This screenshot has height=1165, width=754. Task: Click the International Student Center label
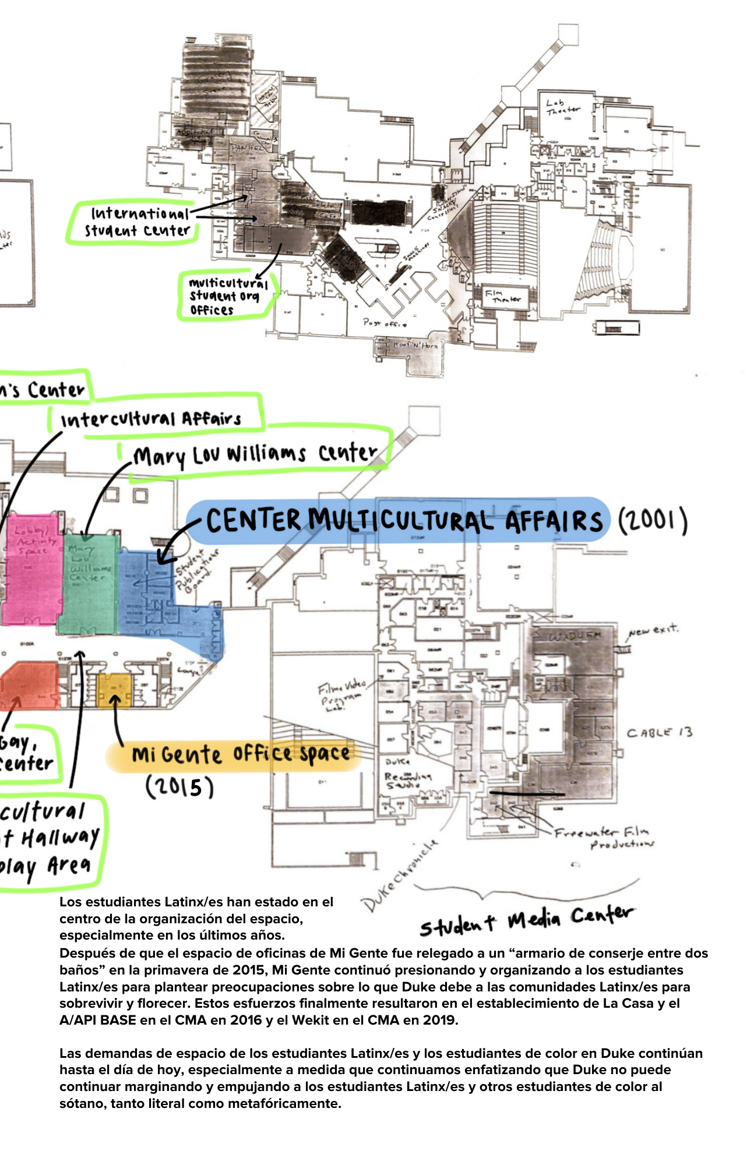pos(138,222)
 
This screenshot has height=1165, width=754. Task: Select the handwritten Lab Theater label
pos(562,107)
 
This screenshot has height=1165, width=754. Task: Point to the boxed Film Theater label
pos(504,296)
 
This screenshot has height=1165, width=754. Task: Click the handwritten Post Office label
pos(385,323)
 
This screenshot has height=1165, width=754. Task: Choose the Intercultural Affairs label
pos(151,419)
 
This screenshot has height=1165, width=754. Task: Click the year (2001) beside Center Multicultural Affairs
pos(652,521)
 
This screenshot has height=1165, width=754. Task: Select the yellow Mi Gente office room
pos(114,690)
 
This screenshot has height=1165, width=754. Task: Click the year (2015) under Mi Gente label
pos(179,788)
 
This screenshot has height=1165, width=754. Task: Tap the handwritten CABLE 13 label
pos(659,733)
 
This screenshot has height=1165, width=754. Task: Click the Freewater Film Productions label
pos(603,838)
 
